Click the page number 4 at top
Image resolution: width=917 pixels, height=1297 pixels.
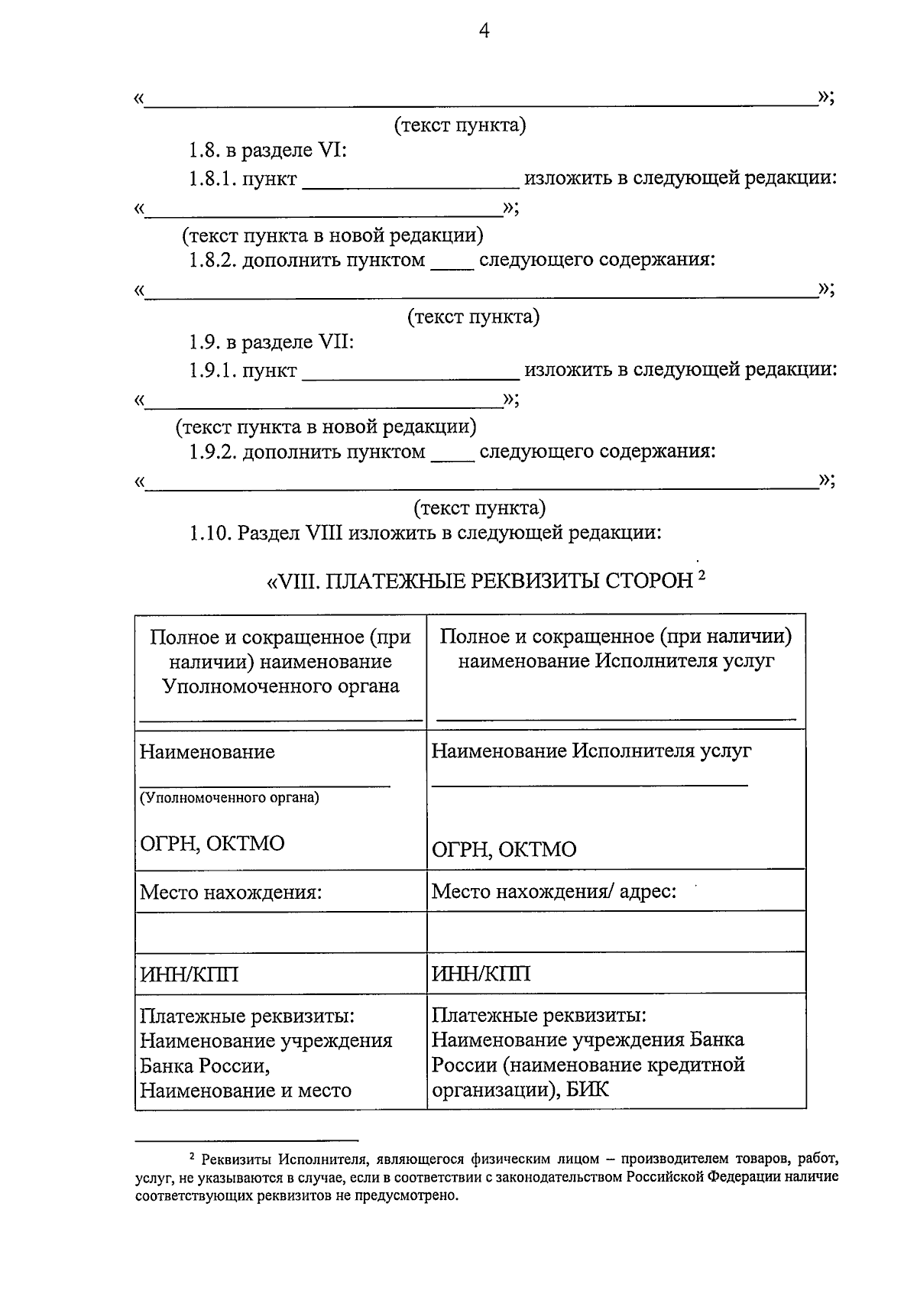[482, 31]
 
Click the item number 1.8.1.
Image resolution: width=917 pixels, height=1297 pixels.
[213, 180]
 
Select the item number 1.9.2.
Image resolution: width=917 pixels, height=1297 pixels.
[213, 452]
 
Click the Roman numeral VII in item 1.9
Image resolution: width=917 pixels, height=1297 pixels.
[332, 342]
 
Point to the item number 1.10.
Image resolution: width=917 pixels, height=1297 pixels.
[210, 533]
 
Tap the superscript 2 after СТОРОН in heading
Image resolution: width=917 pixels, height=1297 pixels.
[701, 577]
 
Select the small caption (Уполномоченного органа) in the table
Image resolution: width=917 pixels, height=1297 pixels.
[229, 798]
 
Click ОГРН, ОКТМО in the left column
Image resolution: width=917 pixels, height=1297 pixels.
[212, 844]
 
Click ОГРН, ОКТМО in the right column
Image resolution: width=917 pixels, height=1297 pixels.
[504, 850]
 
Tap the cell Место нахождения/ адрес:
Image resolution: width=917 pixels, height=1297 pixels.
[554, 892]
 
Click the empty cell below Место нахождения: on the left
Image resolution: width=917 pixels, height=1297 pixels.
[280, 932]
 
